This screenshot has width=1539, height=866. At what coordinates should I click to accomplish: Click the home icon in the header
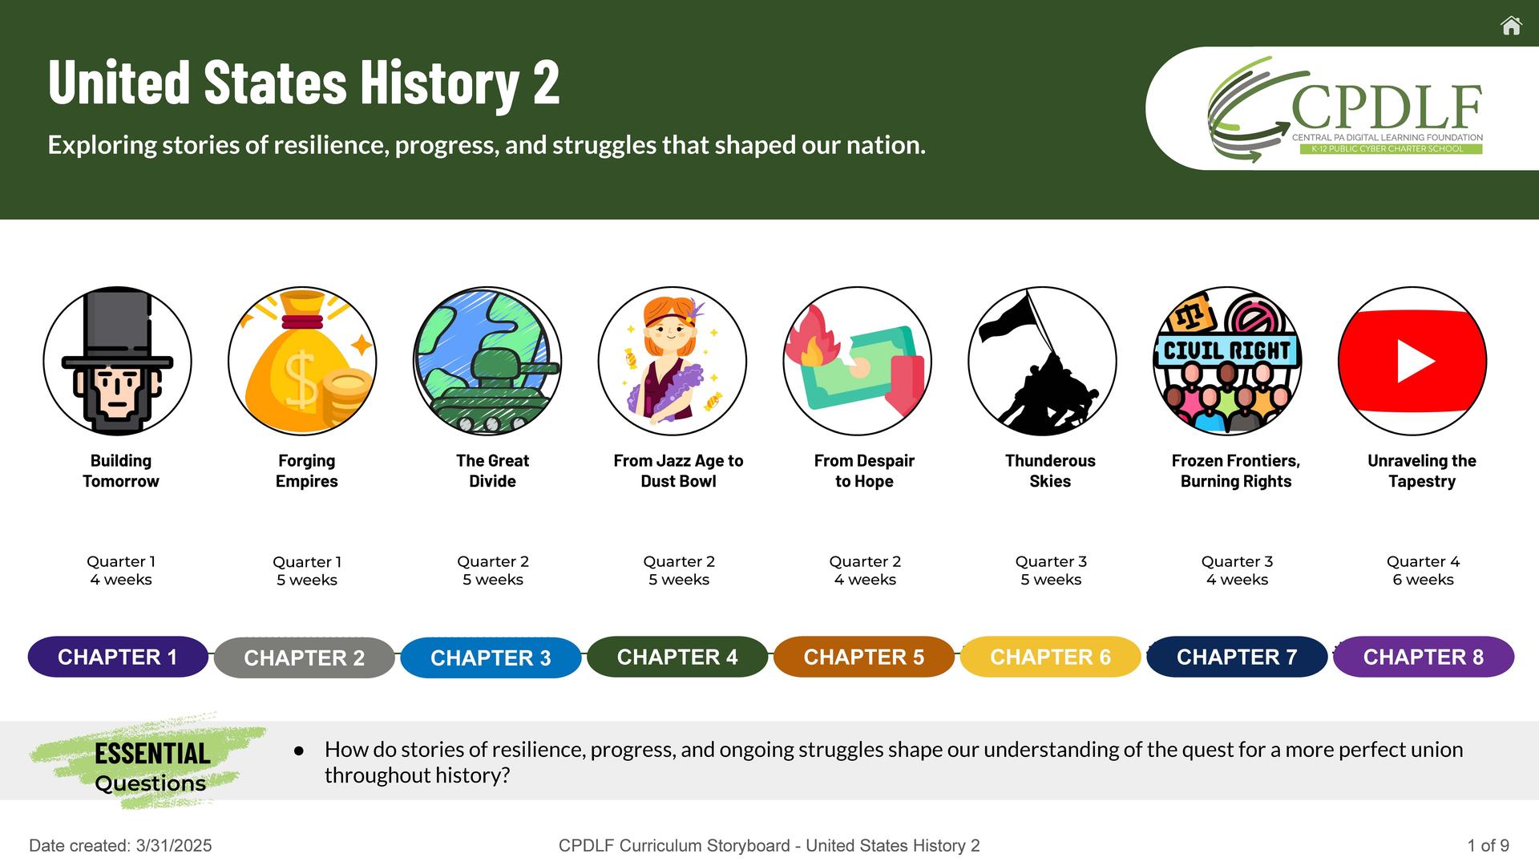[1511, 26]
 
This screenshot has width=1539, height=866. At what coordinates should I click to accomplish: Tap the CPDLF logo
[1345, 109]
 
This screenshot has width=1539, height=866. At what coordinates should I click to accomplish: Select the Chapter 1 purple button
[118, 657]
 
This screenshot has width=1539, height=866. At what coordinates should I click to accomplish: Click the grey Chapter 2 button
[305, 658]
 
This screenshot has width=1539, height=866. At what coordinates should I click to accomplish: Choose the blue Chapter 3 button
[491, 658]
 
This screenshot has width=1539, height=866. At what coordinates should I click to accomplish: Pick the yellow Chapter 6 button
[1050, 657]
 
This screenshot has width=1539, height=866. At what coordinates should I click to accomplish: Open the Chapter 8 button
[1424, 657]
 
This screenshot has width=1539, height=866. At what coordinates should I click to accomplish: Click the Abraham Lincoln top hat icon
[117, 361]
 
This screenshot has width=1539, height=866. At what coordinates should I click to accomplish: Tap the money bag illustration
[302, 361]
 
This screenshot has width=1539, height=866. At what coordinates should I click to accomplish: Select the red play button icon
[1412, 361]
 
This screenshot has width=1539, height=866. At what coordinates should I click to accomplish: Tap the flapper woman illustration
[673, 361]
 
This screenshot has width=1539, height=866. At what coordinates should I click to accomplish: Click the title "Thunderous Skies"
[1050, 471]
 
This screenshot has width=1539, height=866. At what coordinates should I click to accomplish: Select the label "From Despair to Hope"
[864, 471]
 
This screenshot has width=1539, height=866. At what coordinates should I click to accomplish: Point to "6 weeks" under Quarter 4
[1423, 580]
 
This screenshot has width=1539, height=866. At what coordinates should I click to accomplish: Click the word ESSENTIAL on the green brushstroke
[152, 754]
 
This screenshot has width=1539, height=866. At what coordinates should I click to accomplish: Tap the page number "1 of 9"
[1489, 845]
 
